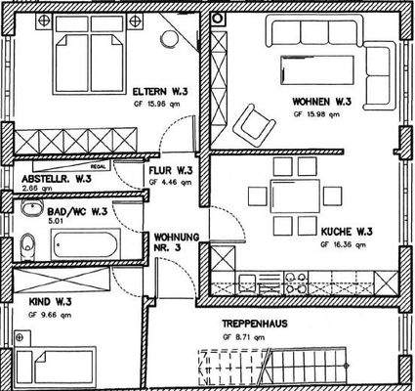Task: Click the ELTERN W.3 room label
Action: (162, 93)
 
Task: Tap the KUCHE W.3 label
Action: (347, 232)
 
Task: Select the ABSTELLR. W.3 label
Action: (57, 180)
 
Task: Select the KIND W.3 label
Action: (50, 303)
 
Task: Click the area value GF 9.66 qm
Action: (50, 316)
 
